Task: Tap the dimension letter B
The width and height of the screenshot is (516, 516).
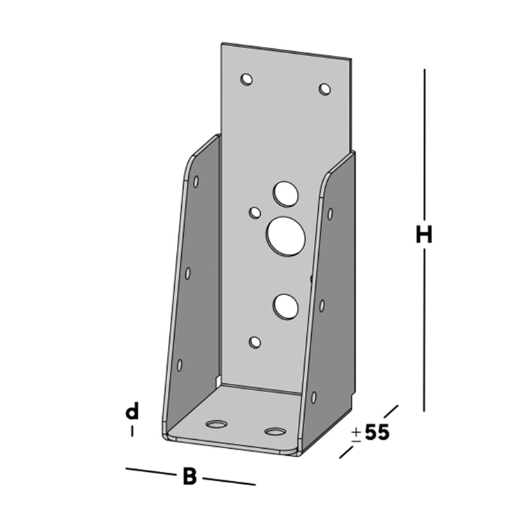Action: point(189,478)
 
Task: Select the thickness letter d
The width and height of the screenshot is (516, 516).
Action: point(131,412)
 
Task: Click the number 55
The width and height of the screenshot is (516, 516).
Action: point(376,432)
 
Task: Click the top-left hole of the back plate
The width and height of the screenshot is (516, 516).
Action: point(246,79)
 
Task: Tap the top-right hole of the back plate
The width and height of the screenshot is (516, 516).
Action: point(324,89)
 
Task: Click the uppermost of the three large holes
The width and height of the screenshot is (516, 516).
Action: point(285,194)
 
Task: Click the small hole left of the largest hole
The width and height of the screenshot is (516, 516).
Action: point(255,212)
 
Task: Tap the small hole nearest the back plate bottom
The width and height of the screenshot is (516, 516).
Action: point(255,342)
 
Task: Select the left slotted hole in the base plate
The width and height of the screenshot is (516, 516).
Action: point(217,424)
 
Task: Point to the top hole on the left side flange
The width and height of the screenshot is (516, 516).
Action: point(196,182)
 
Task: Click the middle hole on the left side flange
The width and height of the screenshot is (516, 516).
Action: point(187,273)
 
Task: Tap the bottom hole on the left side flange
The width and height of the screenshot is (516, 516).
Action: point(180,364)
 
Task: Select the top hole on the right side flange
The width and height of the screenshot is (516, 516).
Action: point(330,213)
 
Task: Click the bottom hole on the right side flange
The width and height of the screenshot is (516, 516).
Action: point(313,397)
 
